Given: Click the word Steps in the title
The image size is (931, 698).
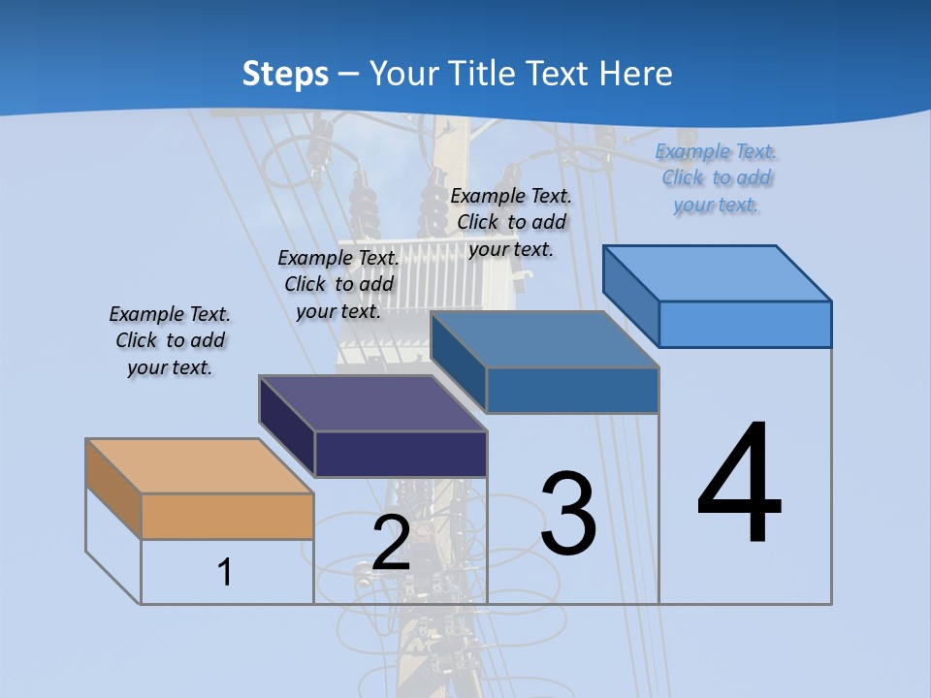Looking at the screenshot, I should tap(285, 74).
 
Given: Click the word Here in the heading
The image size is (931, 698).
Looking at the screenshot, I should tap(636, 74).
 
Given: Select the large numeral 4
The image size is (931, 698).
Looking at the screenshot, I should tap(739, 484).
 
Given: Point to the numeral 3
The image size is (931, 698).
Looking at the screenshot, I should tap(568, 513).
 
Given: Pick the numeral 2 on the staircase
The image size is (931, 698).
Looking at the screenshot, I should tap(391, 543).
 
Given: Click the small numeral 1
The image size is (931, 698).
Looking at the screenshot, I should tap(225, 572).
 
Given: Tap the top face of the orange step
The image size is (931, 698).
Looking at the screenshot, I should tap(199, 466).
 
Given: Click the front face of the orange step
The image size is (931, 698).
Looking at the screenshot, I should tap(227, 516).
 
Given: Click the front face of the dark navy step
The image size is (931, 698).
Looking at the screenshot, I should tap(401, 454).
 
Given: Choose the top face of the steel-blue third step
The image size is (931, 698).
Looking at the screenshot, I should tap(545, 339).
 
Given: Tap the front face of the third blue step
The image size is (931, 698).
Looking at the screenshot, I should tap(572, 390).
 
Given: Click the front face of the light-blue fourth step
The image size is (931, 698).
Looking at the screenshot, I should tap(745, 324).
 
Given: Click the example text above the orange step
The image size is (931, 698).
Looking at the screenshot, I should tap(170, 340).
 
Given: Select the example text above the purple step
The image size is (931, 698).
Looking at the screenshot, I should tap(338, 284).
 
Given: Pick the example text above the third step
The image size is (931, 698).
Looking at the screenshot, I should tap(511, 222).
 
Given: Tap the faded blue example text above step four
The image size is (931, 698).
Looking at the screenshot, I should tap(717, 177).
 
